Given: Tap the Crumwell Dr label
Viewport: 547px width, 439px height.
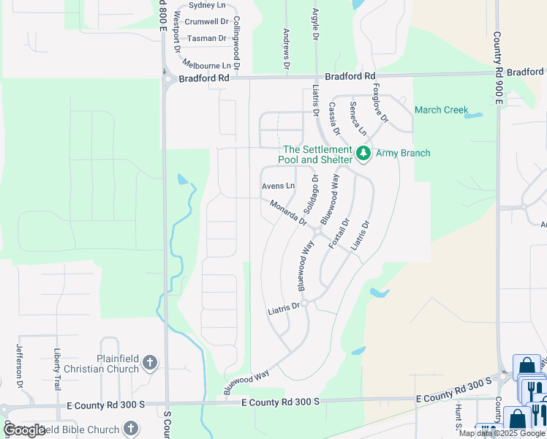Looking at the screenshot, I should (x=207, y=22).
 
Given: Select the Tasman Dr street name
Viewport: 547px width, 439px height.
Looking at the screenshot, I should (x=207, y=38).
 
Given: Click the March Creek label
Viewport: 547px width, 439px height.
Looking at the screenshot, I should (x=441, y=110).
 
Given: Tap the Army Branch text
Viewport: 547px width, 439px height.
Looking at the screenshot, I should (x=403, y=153).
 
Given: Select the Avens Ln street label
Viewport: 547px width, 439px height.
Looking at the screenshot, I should (x=279, y=187).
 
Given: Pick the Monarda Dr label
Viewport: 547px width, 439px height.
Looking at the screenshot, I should (x=287, y=212).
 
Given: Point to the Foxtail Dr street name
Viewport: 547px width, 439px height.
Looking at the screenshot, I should (x=339, y=233).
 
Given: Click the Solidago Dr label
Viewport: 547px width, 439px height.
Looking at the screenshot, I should (x=311, y=198).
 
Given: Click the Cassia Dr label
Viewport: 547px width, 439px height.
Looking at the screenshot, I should (x=334, y=119).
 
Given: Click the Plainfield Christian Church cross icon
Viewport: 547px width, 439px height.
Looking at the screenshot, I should (x=150, y=362).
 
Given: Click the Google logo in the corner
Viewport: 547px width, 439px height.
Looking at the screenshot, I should (x=25, y=430).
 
